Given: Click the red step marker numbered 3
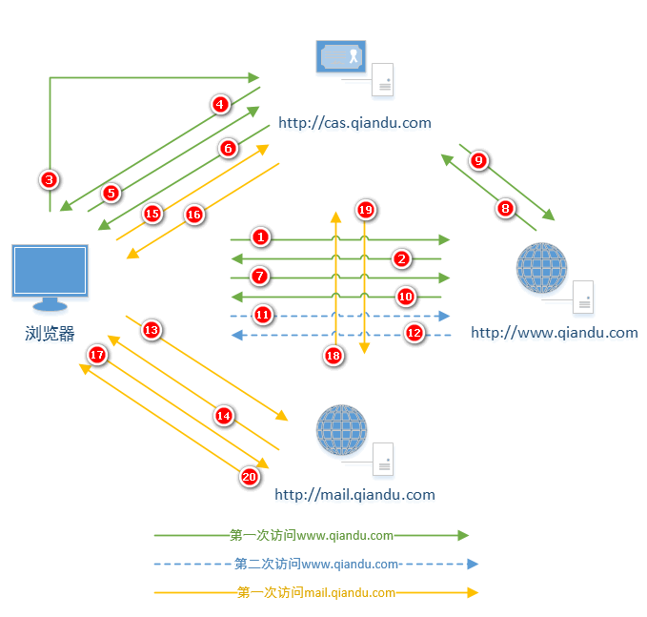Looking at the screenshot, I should pyautogui.click(x=50, y=177).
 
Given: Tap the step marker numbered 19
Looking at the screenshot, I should pyautogui.click(x=365, y=209).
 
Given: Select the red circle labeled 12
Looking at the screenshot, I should pyautogui.click(x=414, y=333).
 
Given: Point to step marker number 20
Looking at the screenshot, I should pyautogui.click(x=250, y=477).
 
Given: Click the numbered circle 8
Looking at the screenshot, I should pyautogui.click(x=506, y=207).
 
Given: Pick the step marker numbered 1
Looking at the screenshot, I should pyautogui.click(x=262, y=236).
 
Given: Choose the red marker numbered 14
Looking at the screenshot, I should pyautogui.click(x=224, y=416).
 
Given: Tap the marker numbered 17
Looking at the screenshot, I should pyautogui.click(x=96, y=355).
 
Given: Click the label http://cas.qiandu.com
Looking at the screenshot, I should pyautogui.click(x=354, y=123).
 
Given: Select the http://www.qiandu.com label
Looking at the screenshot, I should pyautogui.click(x=554, y=333).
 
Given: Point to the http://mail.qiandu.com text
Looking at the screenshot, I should pyautogui.click(x=354, y=495).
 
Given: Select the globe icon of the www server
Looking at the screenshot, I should pyautogui.click(x=541, y=268).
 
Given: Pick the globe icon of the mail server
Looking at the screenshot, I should pyautogui.click(x=341, y=429).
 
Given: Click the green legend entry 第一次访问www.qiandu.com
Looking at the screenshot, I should pyautogui.click(x=312, y=536).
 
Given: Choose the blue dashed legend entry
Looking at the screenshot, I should pyautogui.click(x=316, y=565).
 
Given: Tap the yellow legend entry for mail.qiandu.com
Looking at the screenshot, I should pyautogui.click(x=316, y=593).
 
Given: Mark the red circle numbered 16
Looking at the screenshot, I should pyautogui.click(x=194, y=215).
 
